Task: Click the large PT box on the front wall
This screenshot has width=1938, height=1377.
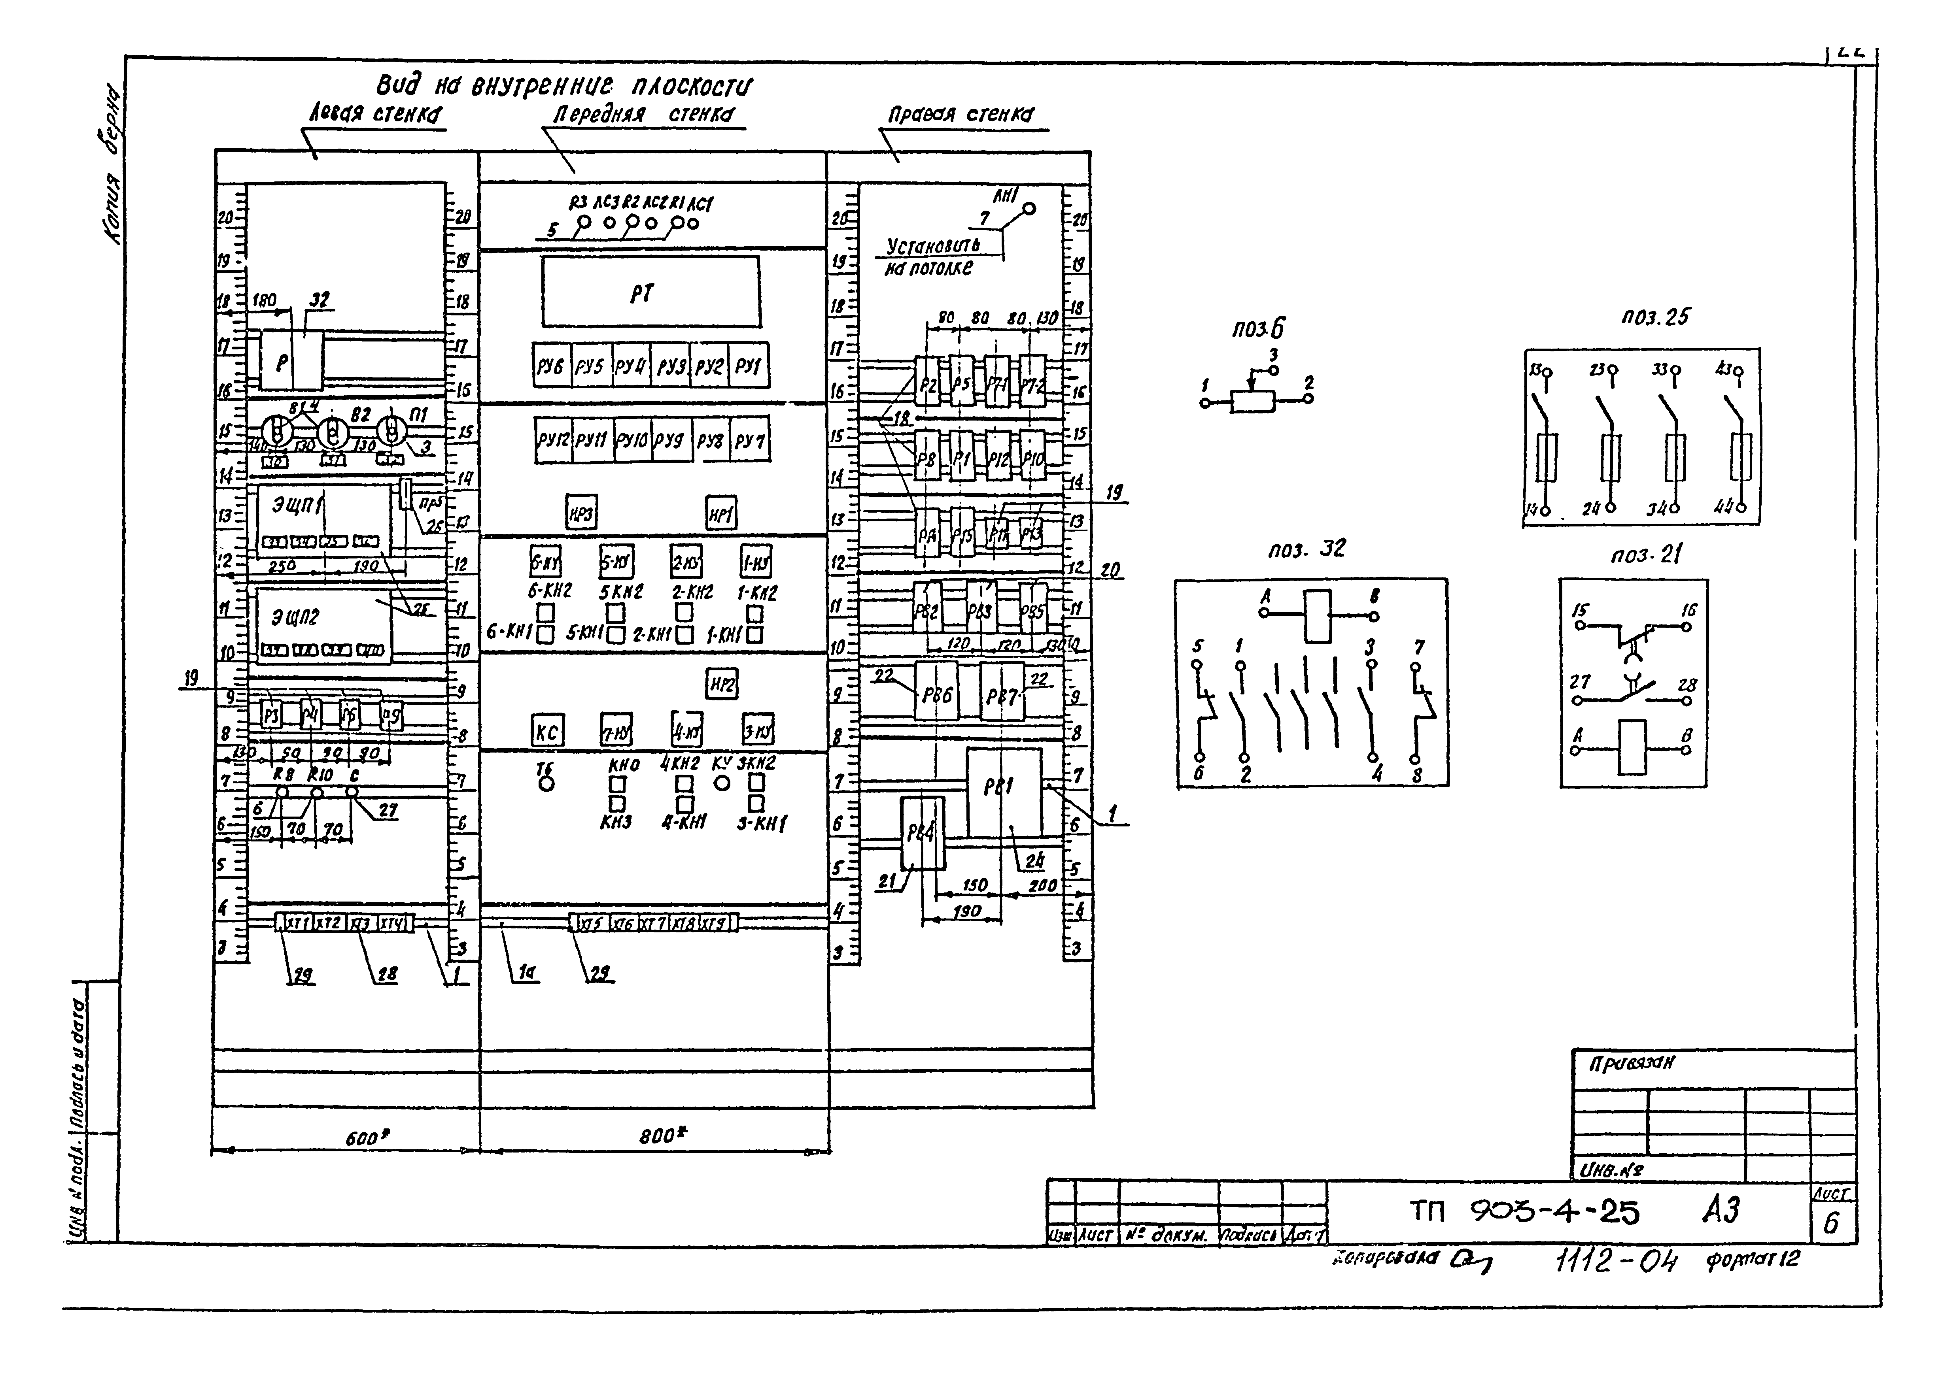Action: [x=650, y=292]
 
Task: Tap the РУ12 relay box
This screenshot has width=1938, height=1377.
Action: [x=553, y=440]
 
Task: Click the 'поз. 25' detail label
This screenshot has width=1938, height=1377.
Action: [x=1654, y=317]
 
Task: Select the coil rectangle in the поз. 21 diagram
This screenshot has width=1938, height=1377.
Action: [x=1632, y=747]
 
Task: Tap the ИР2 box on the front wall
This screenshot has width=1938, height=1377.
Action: [x=722, y=683]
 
